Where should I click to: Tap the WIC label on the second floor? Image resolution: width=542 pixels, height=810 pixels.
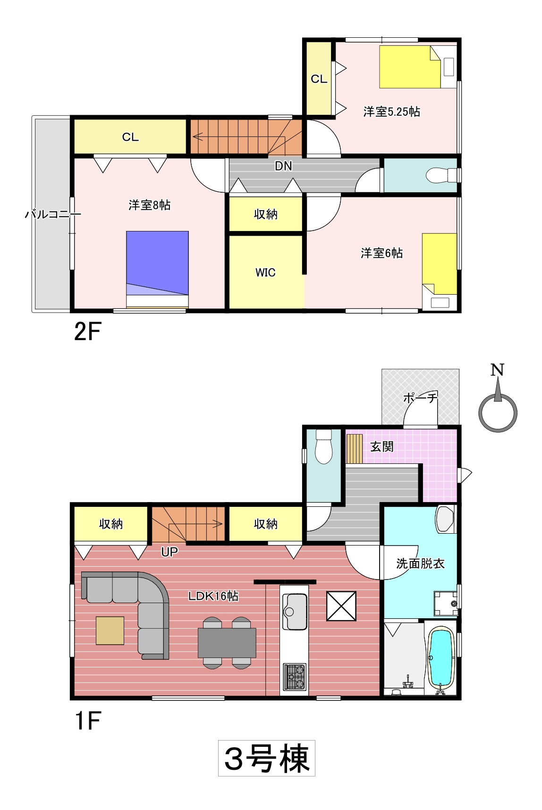(x=265, y=273)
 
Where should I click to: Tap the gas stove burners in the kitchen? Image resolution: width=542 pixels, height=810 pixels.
(x=295, y=676)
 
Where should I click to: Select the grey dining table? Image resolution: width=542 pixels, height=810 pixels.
(x=227, y=643)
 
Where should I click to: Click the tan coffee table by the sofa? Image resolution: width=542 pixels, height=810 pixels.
(x=110, y=631)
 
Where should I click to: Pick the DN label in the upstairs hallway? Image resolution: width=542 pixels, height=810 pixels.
(x=283, y=166)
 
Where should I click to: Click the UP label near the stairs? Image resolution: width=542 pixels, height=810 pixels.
(x=169, y=552)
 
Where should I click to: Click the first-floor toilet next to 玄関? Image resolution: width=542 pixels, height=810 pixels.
(x=324, y=446)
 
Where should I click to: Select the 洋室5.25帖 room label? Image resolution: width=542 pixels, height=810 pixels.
(x=391, y=111)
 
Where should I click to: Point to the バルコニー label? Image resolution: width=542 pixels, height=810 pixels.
(x=53, y=214)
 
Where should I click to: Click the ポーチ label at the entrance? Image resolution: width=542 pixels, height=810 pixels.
(x=420, y=397)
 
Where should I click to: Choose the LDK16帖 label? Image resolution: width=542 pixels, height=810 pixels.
(x=213, y=596)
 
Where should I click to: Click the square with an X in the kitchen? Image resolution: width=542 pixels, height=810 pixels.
(x=341, y=606)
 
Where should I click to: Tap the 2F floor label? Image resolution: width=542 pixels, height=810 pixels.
(x=87, y=332)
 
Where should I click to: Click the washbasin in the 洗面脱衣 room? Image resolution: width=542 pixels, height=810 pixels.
(x=445, y=519)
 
